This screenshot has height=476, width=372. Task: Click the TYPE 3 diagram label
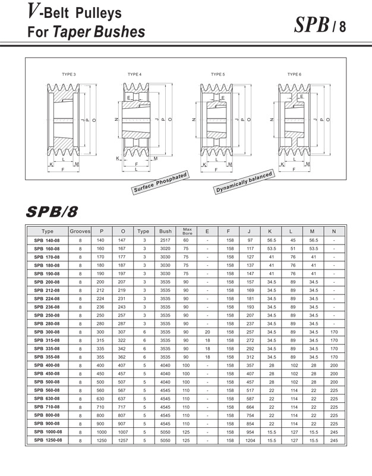[x=69, y=74]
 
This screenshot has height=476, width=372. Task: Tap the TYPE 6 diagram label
[x=294, y=74]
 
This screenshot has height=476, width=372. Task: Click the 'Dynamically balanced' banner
[x=244, y=181]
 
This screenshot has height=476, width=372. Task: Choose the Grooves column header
[x=80, y=231]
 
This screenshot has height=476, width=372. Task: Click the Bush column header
[x=165, y=231]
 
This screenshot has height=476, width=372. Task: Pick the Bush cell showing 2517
[x=165, y=240]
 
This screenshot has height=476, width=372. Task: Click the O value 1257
[x=123, y=440]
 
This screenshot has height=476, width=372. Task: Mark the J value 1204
[x=250, y=440]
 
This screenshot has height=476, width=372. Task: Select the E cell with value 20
[x=207, y=331]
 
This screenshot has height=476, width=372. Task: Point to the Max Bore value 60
[x=186, y=240]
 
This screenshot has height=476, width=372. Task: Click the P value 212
[x=101, y=290]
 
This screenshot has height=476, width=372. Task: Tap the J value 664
[x=250, y=406]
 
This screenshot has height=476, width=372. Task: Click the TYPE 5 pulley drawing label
[x=217, y=74]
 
